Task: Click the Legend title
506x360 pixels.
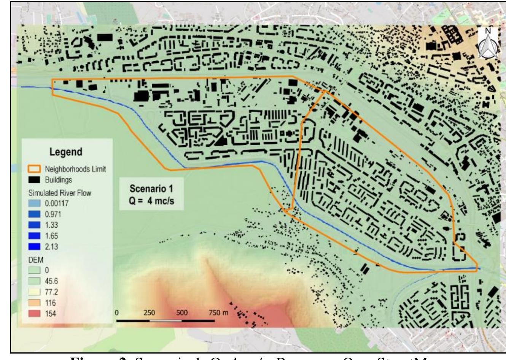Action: coord(66,152)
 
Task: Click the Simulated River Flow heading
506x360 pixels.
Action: coord(60,193)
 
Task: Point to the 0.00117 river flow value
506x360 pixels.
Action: coord(57,203)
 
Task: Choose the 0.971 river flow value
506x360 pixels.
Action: coord(53,214)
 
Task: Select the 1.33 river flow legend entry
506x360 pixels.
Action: coord(51,225)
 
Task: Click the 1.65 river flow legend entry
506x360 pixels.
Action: coord(51,236)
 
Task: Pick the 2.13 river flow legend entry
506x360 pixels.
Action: coord(51,247)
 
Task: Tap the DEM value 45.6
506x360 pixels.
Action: coord(51,281)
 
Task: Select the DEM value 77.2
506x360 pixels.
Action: coord(51,292)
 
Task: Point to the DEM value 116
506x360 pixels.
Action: coord(50,303)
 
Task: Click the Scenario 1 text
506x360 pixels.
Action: coord(151,189)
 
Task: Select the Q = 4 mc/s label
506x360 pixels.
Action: coord(151,200)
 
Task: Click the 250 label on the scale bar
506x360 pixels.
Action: coord(149,313)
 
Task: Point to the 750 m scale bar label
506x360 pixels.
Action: coord(218,313)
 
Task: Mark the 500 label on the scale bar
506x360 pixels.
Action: coord(182,313)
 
